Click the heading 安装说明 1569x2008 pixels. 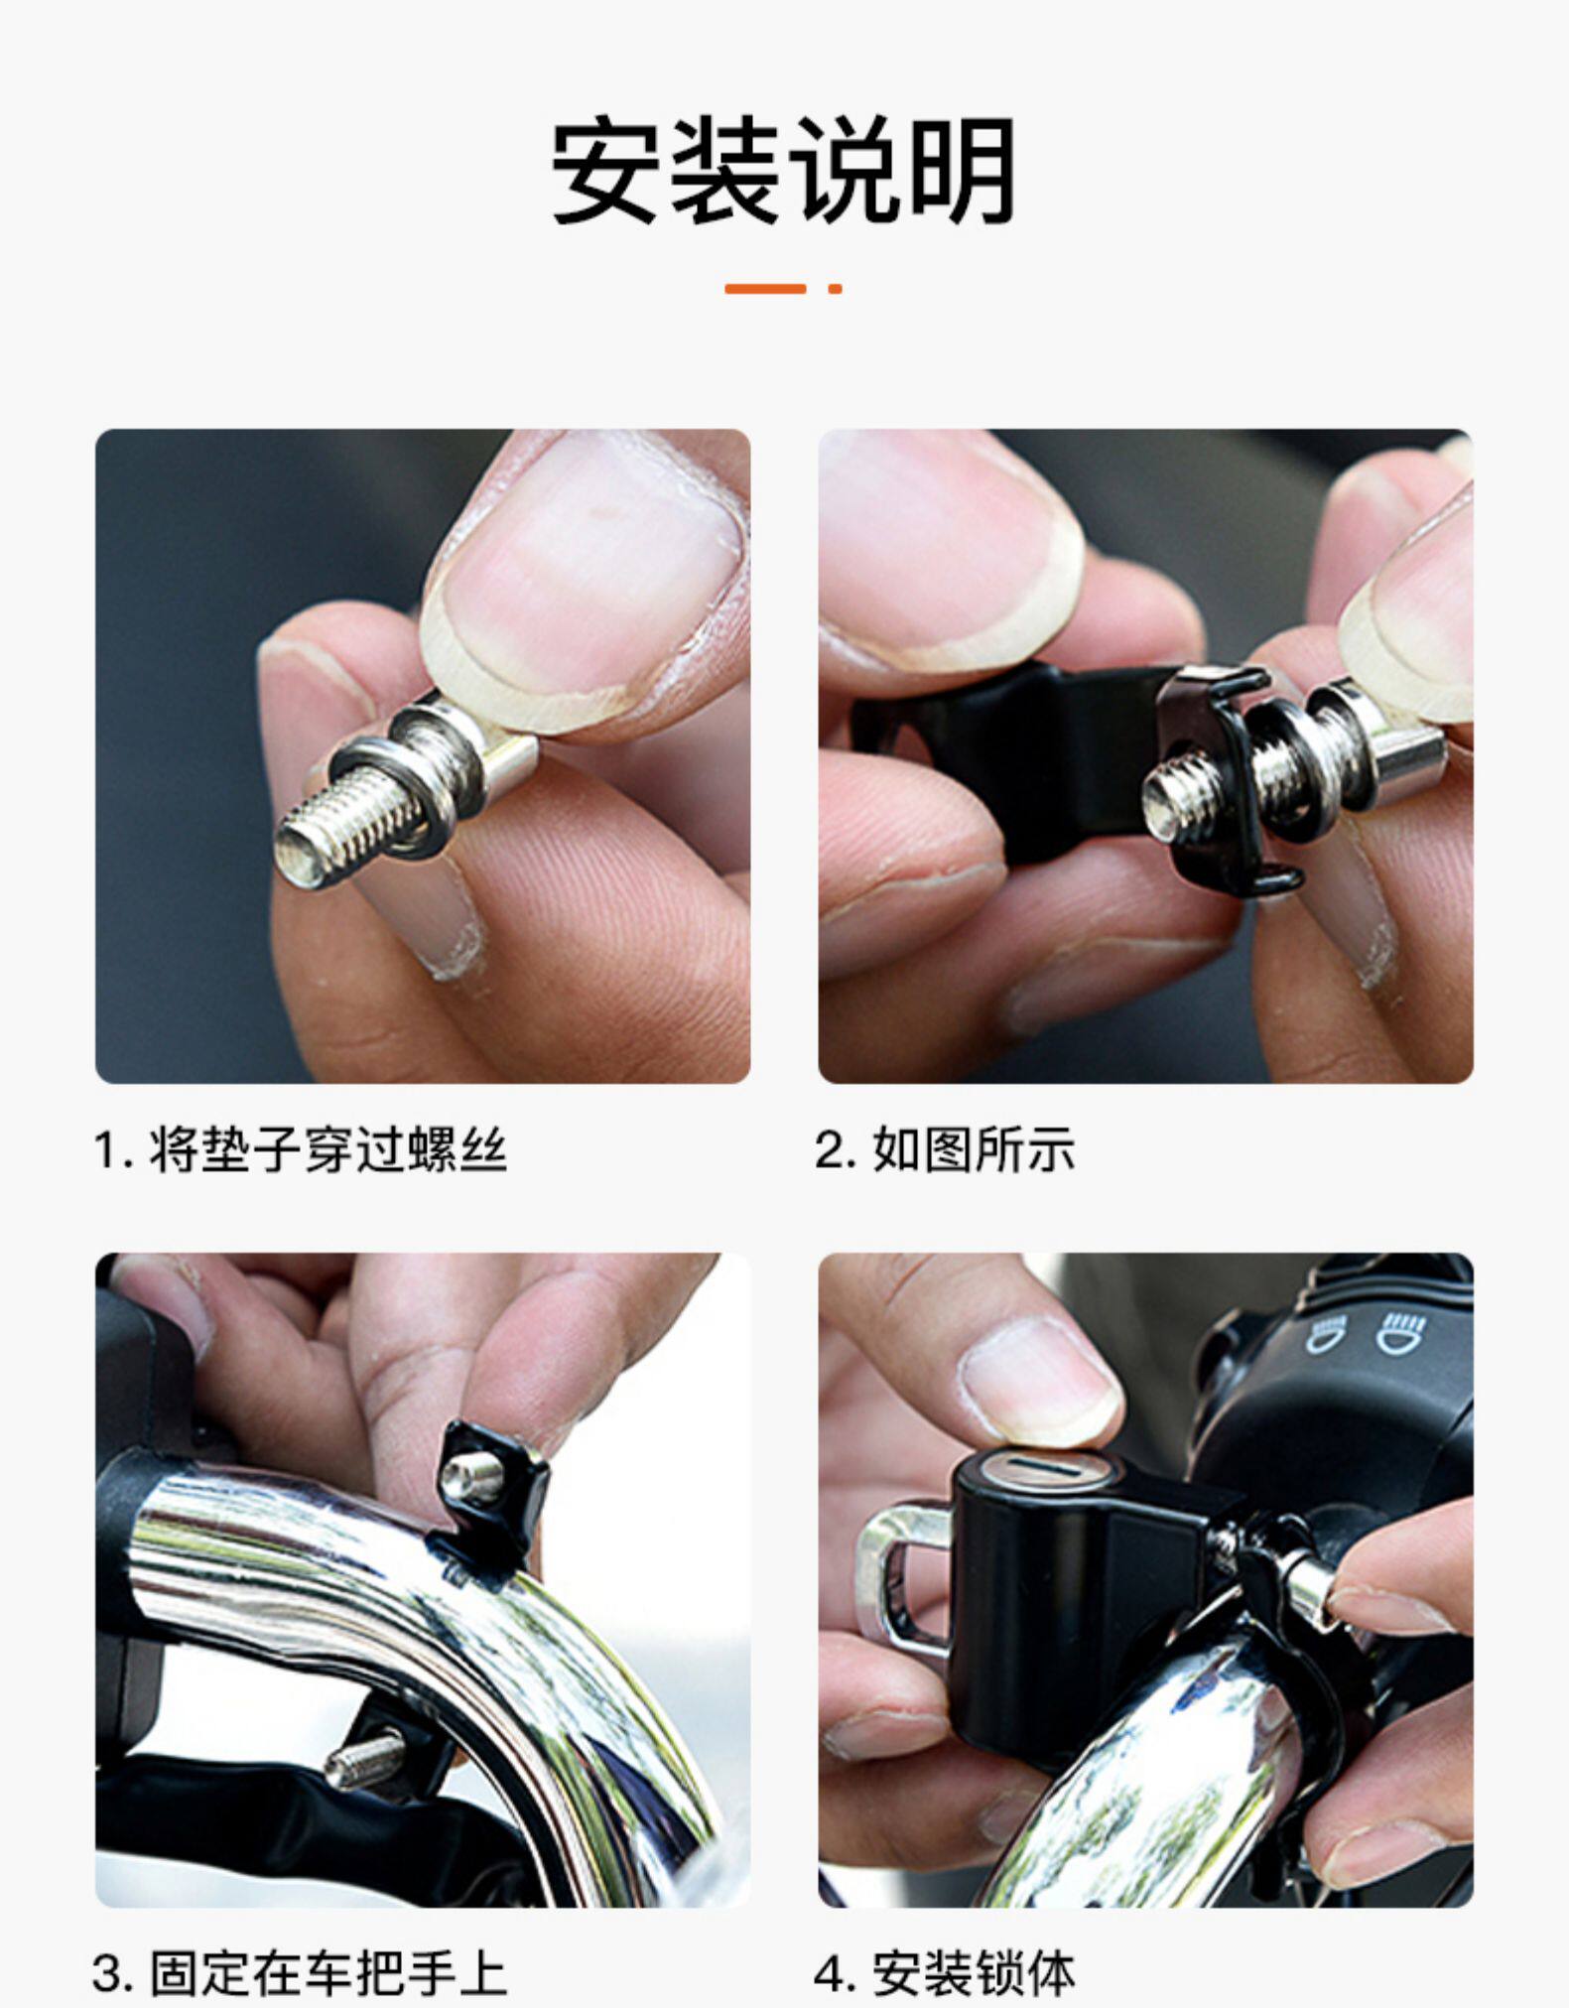pyautogui.click(x=784, y=171)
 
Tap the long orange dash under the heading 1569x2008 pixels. pyautogui.click(x=764, y=289)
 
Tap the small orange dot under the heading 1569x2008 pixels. pyautogui.click(x=836, y=289)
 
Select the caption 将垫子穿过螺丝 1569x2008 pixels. pyautogui.click(x=328, y=1150)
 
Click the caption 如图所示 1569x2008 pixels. pyautogui.click(x=974, y=1150)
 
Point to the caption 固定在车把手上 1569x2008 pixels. pyautogui.click(x=328, y=1973)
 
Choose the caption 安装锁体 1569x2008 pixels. pyautogui.click(x=974, y=1973)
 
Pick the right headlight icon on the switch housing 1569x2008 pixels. pyautogui.click(x=1400, y=1331)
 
